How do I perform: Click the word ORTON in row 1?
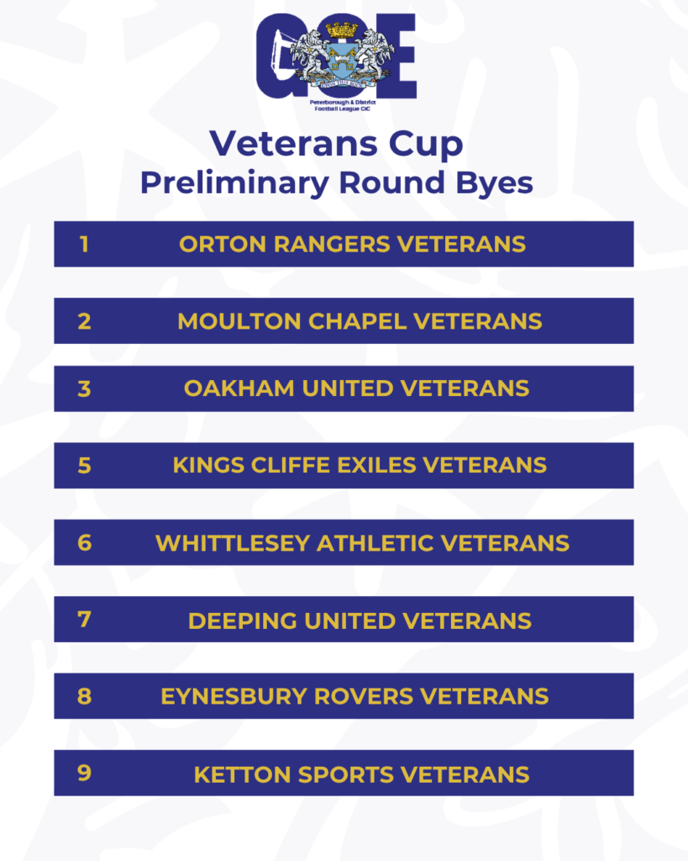tap(223, 245)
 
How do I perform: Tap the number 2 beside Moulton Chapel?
tap(85, 321)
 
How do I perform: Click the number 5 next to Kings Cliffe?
tap(85, 466)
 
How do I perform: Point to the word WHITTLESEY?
tap(233, 544)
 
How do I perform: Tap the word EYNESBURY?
tap(234, 696)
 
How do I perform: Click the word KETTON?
tap(242, 774)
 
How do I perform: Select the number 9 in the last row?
tap(85, 773)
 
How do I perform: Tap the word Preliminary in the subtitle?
tap(235, 183)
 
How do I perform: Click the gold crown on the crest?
tap(342, 29)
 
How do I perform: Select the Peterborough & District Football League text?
tap(343, 105)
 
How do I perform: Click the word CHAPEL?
tap(357, 321)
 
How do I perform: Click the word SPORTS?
tap(345, 774)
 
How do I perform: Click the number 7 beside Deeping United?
tap(85, 620)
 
